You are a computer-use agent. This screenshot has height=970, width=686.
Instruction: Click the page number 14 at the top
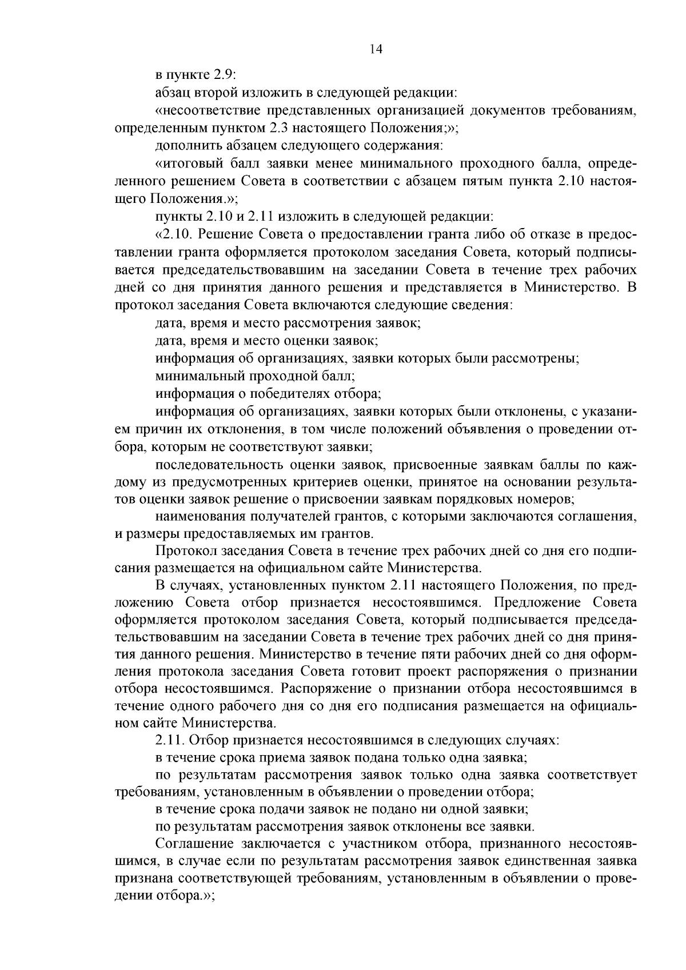point(376,49)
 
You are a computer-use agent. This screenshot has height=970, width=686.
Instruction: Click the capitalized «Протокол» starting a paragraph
point(183,552)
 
